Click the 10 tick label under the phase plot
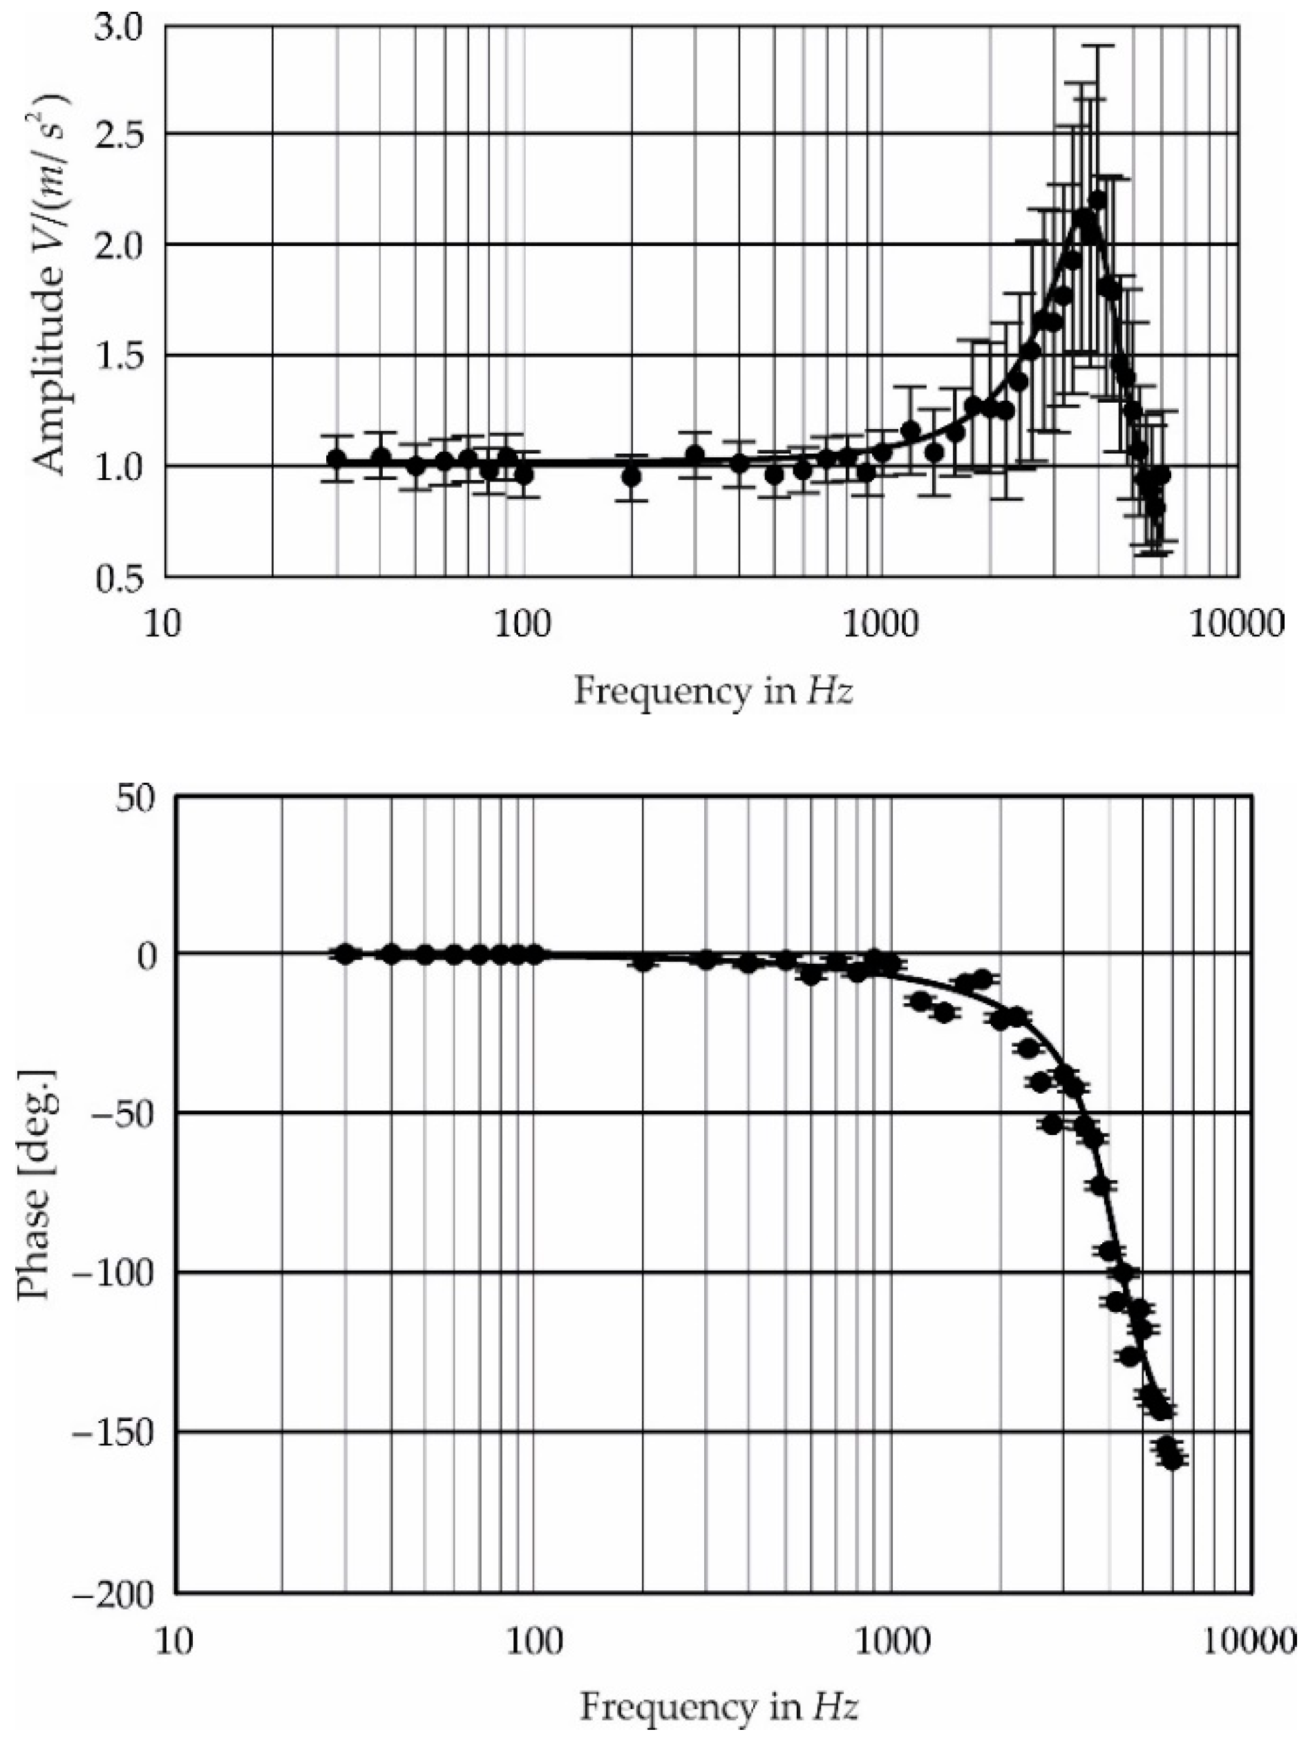173,1640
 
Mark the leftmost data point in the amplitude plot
337,459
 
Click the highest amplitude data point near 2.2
1098,200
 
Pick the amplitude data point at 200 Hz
630,477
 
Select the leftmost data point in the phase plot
344,954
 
